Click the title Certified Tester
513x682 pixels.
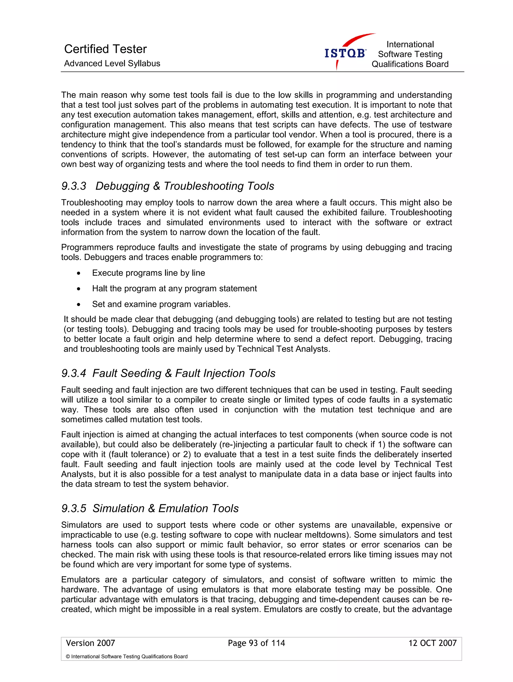105,49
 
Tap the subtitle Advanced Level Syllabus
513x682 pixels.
112,64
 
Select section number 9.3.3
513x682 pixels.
74,186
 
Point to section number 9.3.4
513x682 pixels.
74,373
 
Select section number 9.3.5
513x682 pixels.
74,508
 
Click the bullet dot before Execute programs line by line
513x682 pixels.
79,273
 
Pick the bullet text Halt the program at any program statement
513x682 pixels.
174,288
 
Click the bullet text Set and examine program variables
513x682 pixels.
161,304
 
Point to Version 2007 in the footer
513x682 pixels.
90,643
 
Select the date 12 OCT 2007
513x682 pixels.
432,643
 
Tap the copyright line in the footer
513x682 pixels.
126,657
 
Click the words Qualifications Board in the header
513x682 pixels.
410,64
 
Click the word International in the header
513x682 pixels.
410,44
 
